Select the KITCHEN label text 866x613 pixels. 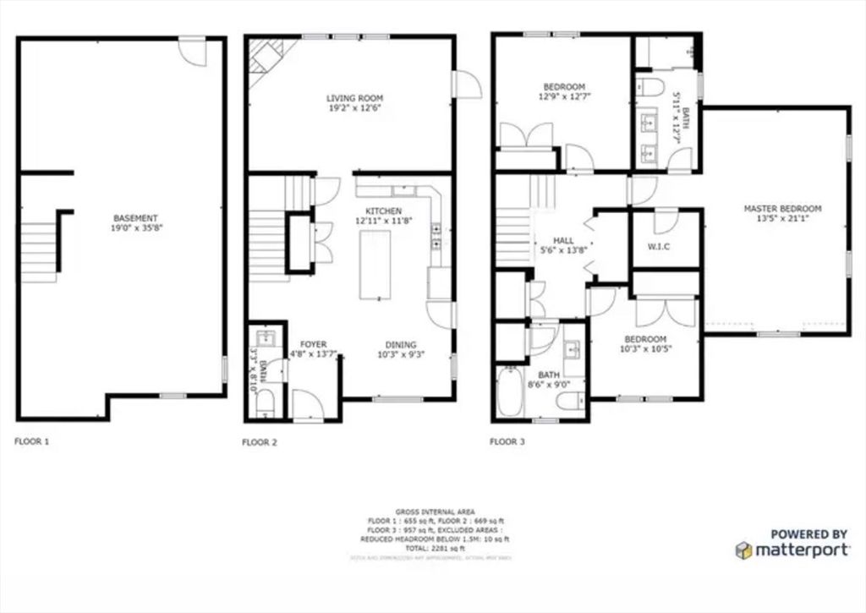[x=383, y=211]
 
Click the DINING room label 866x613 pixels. [x=401, y=344]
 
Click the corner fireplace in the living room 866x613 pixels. [x=265, y=57]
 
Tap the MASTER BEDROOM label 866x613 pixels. [x=782, y=208]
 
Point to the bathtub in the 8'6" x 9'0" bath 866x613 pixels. [x=510, y=391]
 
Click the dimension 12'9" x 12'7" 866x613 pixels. [x=563, y=97]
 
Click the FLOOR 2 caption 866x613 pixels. [x=259, y=441]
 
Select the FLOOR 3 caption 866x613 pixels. [x=507, y=441]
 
